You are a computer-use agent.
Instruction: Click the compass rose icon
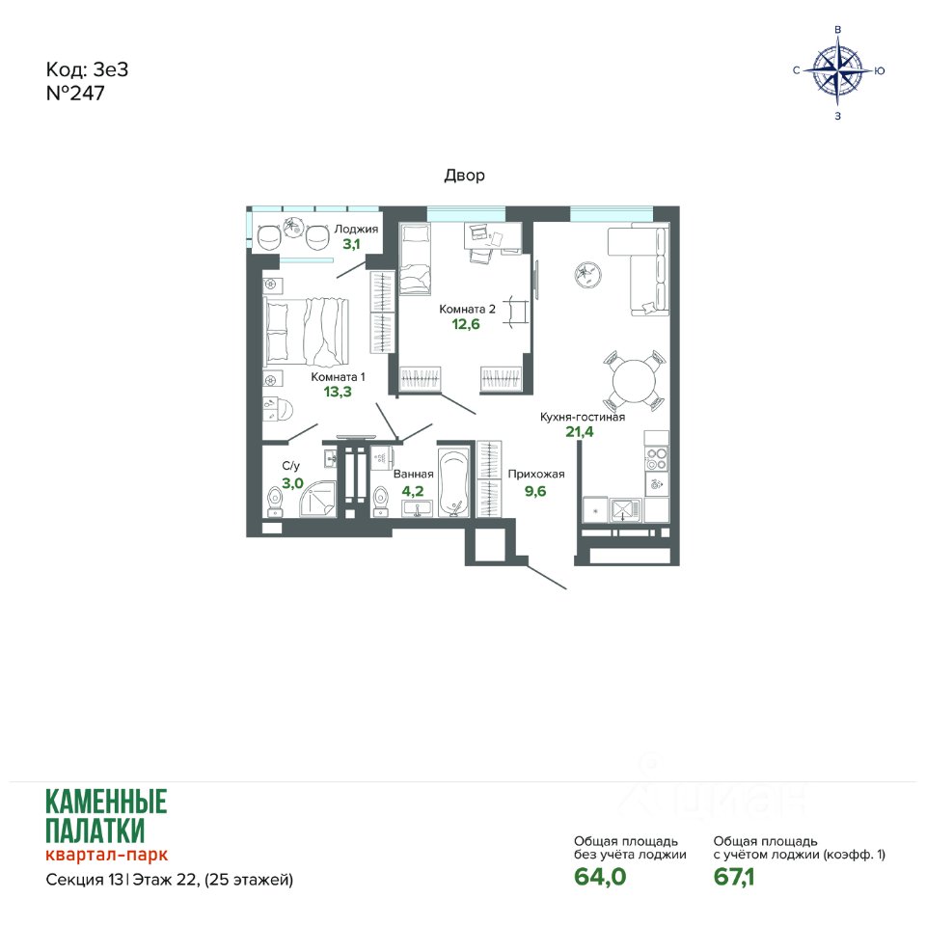837,70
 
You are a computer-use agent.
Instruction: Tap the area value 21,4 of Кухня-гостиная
580,432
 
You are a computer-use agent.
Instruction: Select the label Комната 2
467,309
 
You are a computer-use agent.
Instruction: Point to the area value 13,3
338,392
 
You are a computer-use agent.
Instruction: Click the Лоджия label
356,230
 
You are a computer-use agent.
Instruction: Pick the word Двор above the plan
464,176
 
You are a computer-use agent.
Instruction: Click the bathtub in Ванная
454,483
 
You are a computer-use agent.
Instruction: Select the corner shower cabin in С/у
317,500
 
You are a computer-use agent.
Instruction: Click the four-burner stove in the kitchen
656,459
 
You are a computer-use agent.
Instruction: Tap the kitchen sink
625,509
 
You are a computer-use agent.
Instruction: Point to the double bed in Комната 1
306,333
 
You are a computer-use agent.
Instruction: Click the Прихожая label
536,474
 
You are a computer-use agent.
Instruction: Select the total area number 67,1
733,877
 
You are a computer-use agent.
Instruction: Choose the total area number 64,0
600,877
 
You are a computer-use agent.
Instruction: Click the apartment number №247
75,94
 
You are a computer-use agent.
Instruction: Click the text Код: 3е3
87,69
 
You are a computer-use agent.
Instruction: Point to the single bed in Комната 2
415,259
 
